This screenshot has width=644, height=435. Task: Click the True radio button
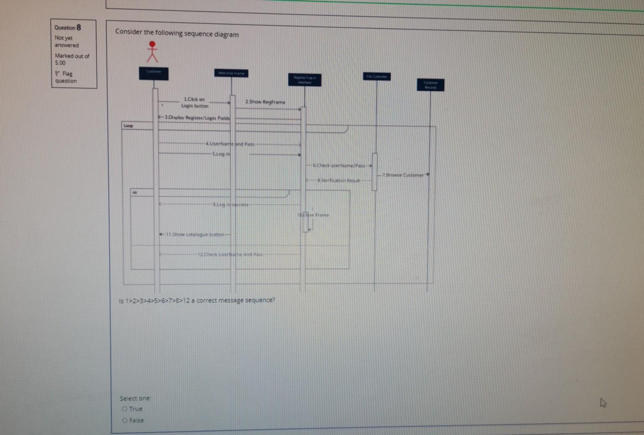click(x=125, y=409)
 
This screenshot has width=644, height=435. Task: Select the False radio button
click(x=125, y=420)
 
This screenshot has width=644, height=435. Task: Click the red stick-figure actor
click(x=152, y=52)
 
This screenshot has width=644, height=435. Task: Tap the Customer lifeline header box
click(x=154, y=73)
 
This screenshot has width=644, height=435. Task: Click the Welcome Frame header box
click(x=231, y=73)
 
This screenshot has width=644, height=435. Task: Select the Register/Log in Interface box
click(x=305, y=80)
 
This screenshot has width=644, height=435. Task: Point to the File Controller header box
click(x=376, y=77)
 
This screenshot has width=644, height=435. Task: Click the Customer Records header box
click(x=430, y=85)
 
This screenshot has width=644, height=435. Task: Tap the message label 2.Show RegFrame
click(x=265, y=102)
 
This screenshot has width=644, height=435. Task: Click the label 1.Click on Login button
click(x=194, y=102)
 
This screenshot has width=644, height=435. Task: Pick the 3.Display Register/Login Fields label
click(x=197, y=118)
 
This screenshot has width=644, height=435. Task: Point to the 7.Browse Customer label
click(x=404, y=175)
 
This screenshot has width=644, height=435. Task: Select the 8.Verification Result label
click(x=338, y=181)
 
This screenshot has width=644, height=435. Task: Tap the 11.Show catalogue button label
click(x=195, y=235)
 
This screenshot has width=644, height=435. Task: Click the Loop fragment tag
click(x=128, y=126)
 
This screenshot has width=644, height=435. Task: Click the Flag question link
click(x=66, y=77)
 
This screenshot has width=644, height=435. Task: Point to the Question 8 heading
click(x=67, y=28)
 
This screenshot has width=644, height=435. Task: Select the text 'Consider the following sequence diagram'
click(x=177, y=33)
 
